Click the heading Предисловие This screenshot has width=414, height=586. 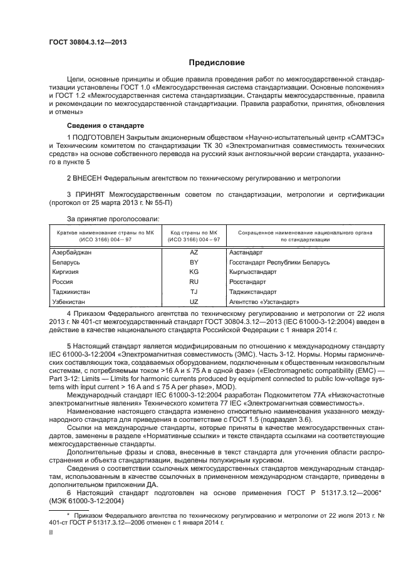tap(217, 63)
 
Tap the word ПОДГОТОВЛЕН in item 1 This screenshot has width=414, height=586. tap(99, 136)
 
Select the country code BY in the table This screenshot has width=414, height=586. tap(194, 262)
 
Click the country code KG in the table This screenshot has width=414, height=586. tap(194, 272)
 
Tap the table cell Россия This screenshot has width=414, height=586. tap(63, 282)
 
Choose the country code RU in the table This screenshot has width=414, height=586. tap(194, 282)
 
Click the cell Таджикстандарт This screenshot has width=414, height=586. tap(252, 292)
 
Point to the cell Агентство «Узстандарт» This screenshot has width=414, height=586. tap(261, 302)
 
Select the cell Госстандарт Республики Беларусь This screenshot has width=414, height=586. tap(279, 262)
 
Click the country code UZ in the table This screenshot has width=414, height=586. tap(194, 302)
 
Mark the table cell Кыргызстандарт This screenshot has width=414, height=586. tap(252, 272)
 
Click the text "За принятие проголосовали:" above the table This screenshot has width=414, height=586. tap(113, 218)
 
